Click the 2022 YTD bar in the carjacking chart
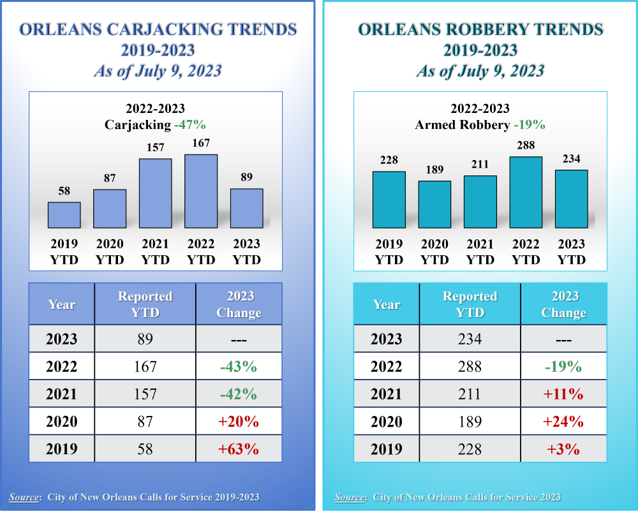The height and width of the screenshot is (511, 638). click(201, 191)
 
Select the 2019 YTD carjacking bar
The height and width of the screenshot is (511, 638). click(64, 215)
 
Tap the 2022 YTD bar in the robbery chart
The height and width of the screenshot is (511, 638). click(526, 193)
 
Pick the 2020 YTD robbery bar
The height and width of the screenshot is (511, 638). click(434, 204)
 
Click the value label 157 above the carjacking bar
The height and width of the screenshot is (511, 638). click(155, 147)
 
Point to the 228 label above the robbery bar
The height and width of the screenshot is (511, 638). click(389, 160)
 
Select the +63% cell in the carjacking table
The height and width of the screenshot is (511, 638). click(238, 448)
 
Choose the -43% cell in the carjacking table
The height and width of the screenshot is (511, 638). click(238, 366)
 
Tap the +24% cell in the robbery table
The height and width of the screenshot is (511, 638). click(563, 421)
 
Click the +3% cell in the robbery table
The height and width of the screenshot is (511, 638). click(563, 448)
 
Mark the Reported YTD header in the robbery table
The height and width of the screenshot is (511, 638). click(470, 304)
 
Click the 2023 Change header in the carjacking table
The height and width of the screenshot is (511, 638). click(239, 304)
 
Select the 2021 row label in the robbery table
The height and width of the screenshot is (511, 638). click(387, 394)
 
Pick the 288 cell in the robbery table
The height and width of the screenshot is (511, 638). click(470, 366)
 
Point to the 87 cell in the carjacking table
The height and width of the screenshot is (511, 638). click(145, 421)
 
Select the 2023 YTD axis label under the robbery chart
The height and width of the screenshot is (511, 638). click(572, 252)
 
